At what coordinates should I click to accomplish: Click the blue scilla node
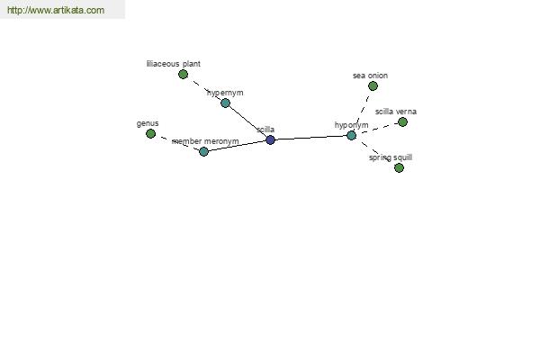[270, 139]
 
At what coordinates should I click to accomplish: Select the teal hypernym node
[225, 103]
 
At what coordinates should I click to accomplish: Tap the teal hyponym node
[351, 135]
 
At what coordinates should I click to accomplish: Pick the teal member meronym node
[203, 151]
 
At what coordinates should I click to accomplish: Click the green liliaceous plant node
[183, 74]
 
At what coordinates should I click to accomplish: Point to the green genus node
[150, 134]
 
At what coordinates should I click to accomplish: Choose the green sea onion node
[373, 85]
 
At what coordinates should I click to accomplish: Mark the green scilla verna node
[402, 121]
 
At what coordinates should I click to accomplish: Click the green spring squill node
[399, 167]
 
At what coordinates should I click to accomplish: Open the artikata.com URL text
[56, 10]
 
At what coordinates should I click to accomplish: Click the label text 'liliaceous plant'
[173, 64]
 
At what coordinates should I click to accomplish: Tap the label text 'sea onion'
[370, 76]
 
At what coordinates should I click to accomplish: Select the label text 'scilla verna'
[396, 112]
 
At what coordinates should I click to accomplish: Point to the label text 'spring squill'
[391, 157]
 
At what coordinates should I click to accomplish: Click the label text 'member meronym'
[205, 141]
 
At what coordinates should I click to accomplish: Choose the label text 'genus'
[148, 123]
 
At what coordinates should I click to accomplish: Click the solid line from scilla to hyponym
[311, 138]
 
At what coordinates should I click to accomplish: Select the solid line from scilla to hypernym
[248, 121]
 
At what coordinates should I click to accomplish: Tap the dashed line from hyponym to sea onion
[362, 112]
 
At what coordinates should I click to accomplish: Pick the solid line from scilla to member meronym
[237, 146]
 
